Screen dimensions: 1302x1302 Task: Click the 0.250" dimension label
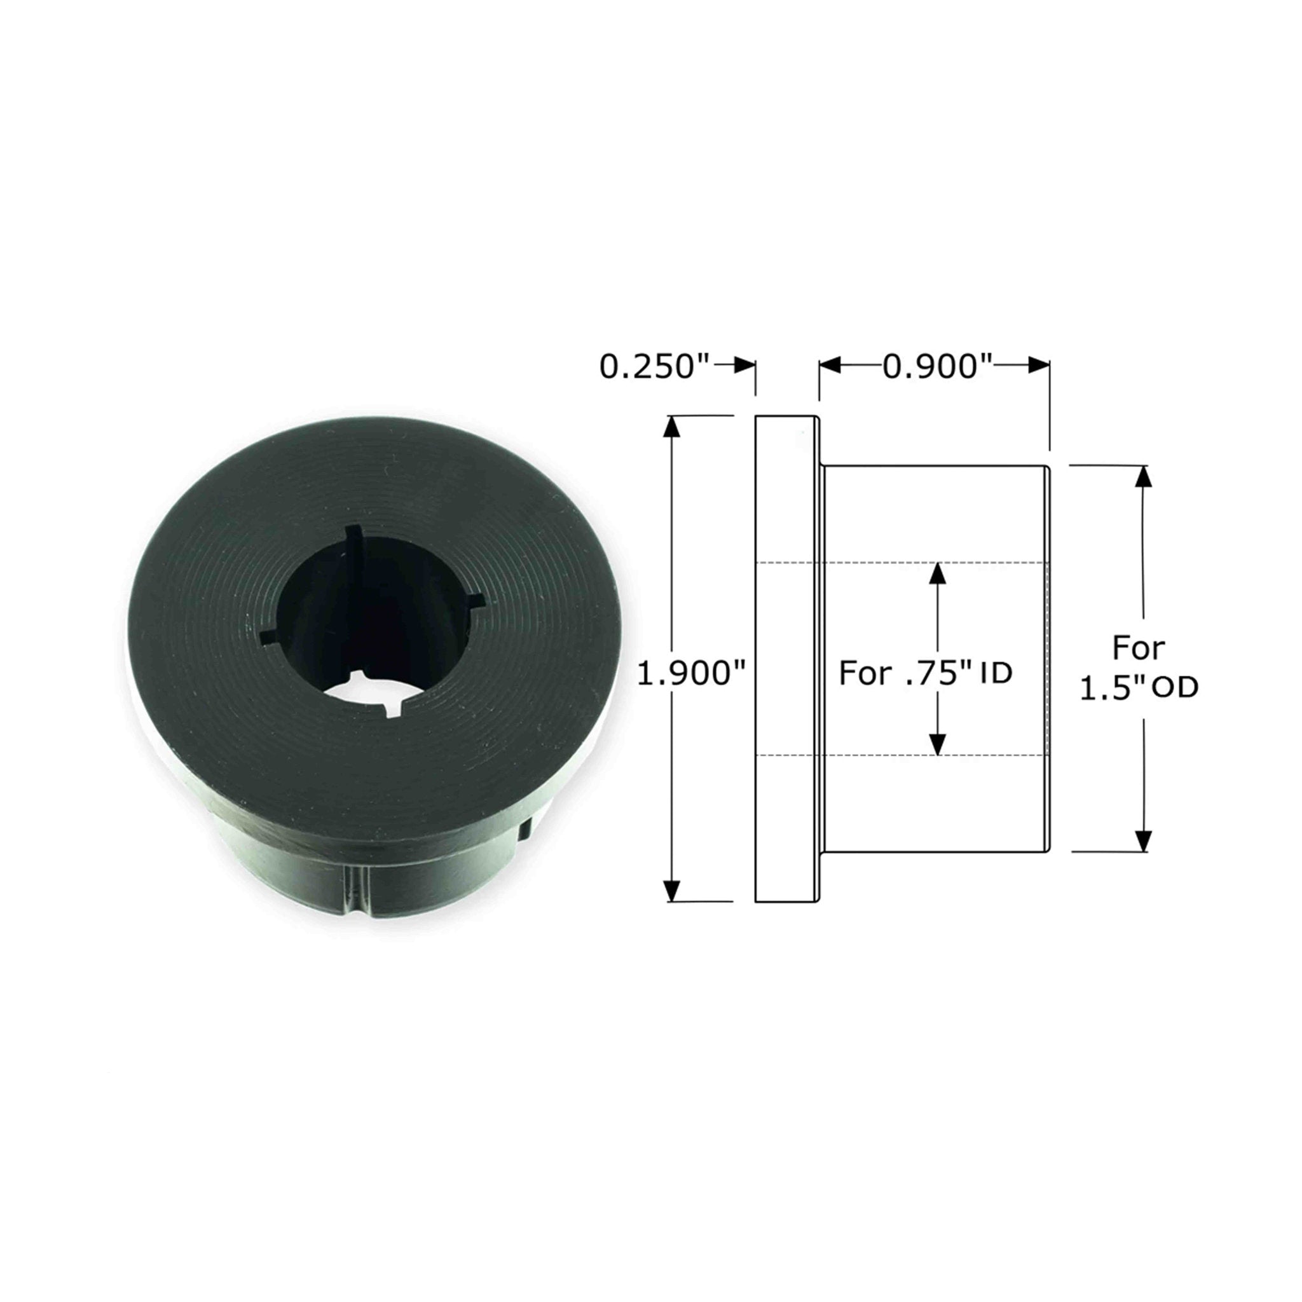click(x=654, y=368)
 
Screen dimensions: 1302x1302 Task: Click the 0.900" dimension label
click(x=939, y=368)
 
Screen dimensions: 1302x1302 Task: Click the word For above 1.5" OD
click(x=1138, y=648)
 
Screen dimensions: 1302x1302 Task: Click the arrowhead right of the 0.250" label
click(x=744, y=366)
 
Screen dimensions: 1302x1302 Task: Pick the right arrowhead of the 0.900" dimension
click(x=1039, y=366)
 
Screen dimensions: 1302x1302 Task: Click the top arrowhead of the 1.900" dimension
click(x=671, y=427)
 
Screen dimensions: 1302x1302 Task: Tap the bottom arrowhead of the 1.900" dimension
click(x=671, y=891)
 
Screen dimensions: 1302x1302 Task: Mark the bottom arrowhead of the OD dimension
click(x=1142, y=841)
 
